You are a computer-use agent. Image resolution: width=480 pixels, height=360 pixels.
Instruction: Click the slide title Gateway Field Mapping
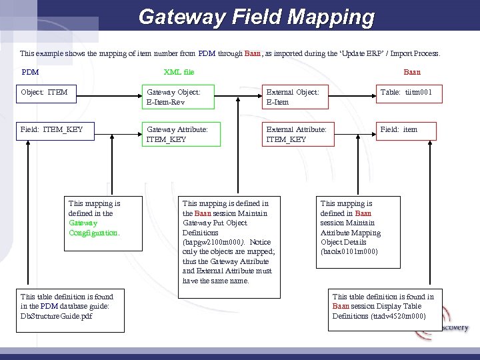pyautogui.click(x=257, y=17)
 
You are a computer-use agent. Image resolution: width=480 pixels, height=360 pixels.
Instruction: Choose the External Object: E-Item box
pyautogui.click(x=297, y=97)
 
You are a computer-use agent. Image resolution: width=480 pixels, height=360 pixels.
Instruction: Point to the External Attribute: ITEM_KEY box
pyautogui.click(x=297, y=134)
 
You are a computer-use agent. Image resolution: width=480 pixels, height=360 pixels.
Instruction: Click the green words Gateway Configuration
pyautogui.click(x=93, y=228)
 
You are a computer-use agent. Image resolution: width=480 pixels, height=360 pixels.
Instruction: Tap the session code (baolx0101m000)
pyautogui.click(x=349, y=251)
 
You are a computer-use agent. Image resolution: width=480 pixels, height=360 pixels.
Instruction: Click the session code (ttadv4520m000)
pyautogui.click(x=401, y=315)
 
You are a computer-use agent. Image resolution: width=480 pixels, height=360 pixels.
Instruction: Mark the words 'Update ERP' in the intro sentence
pyautogui.click(x=364, y=52)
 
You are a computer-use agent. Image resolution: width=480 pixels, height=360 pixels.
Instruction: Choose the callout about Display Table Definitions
pyautogui.click(x=383, y=306)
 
